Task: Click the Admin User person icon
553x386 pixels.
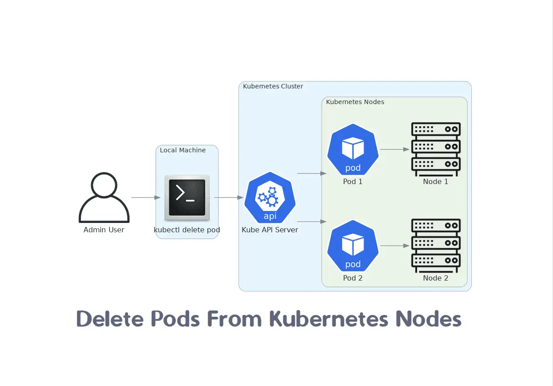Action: [104, 197]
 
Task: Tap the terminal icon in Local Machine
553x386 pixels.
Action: [187, 197]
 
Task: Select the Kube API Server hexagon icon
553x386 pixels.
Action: [270, 197]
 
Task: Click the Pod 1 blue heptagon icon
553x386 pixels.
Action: [353, 149]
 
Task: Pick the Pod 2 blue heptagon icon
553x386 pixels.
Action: [353, 246]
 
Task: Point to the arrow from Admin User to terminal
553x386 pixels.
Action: [146, 197]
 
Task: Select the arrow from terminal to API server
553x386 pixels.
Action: [229, 197]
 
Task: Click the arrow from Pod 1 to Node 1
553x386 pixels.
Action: [394, 149]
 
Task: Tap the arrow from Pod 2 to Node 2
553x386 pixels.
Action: [394, 246]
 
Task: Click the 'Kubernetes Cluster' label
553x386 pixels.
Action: [273, 86]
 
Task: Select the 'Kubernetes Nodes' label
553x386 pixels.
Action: [355, 102]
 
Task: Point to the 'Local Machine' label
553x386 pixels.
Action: [183, 150]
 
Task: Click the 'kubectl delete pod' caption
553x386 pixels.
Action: [187, 230]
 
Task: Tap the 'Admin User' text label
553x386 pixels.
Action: [104, 230]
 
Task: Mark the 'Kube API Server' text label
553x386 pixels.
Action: [270, 230]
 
